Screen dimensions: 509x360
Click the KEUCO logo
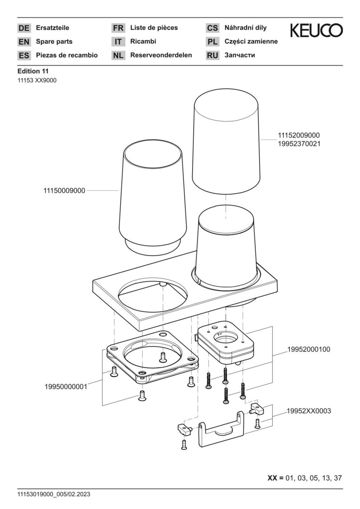316,31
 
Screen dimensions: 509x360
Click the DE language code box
24,28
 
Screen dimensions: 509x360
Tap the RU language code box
213,56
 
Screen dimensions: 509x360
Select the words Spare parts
54,41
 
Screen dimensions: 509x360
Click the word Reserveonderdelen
161,55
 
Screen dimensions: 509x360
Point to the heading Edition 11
33,71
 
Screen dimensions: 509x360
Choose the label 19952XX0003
309,411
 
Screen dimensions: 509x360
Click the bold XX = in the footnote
276,478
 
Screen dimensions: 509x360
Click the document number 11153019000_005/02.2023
54,494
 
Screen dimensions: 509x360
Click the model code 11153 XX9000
37,80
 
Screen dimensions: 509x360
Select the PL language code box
213,42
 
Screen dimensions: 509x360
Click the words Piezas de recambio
67,55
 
